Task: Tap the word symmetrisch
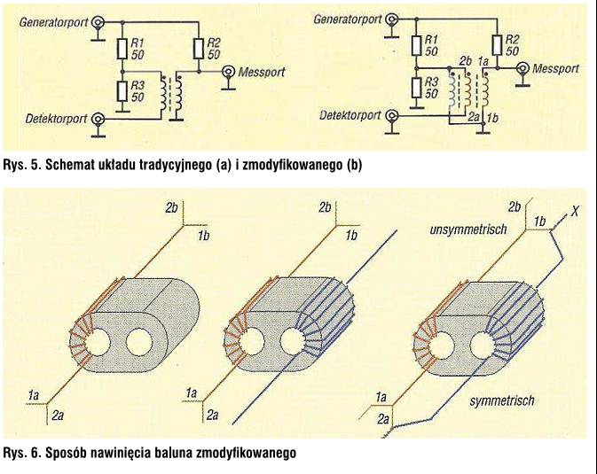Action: click(x=501, y=401)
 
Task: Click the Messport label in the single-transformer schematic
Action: click(x=262, y=72)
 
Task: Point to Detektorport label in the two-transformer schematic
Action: click(x=350, y=115)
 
